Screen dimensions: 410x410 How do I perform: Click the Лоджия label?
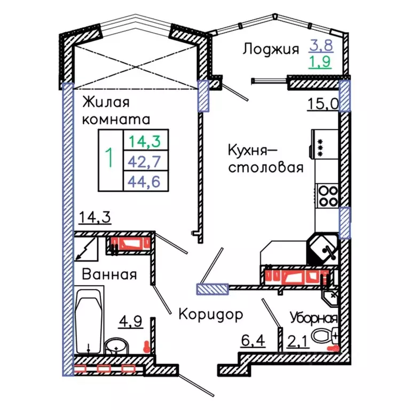[270, 50]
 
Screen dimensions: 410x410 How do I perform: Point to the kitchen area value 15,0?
[322, 103]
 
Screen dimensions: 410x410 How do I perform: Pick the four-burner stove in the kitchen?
[327, 195]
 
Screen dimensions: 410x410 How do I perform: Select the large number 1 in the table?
[110, 159]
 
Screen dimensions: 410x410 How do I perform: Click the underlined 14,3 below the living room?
[94, 218]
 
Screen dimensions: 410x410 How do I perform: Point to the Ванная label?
[109, 274]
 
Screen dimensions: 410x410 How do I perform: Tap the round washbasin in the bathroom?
[115, 346]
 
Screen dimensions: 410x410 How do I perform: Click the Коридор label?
[210, 313]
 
